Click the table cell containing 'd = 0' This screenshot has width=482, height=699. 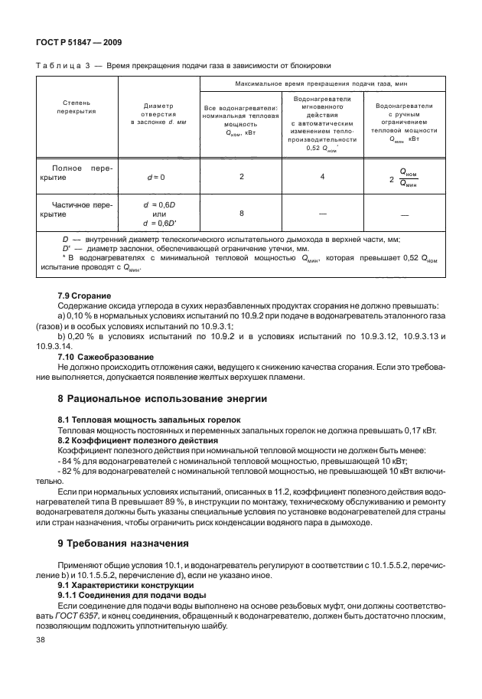pyautogui.click(x=156, y=177)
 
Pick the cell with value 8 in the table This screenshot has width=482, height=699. pyautogui.click(x=241, y=214)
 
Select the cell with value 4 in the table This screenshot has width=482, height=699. pyautogui.click(x=322, y=177)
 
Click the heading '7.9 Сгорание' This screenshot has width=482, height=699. pyautogui.click(x=85, y=296)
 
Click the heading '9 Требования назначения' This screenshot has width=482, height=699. pyautogui.click(x=123, y=544)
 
